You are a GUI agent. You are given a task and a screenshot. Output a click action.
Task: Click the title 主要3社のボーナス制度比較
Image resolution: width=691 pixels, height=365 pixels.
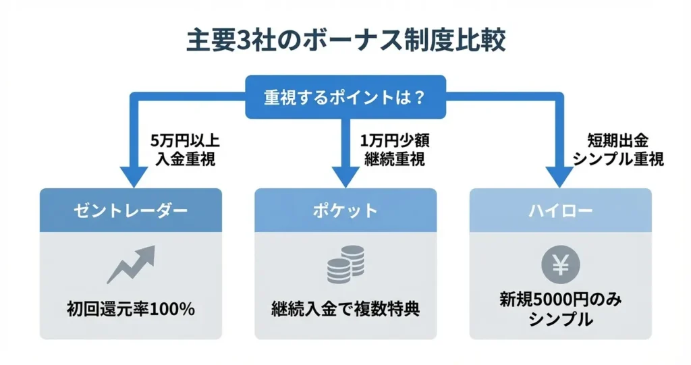coord(345,40)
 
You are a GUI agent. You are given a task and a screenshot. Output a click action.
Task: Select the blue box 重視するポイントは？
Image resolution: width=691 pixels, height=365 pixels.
coord(345,96)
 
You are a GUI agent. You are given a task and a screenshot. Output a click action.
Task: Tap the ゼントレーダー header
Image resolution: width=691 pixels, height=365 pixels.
coord(130,210)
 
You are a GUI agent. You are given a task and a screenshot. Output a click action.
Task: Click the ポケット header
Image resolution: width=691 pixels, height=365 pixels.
coord(345,210)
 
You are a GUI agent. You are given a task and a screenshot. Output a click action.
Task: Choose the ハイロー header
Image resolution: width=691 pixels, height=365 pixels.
coord(561,210)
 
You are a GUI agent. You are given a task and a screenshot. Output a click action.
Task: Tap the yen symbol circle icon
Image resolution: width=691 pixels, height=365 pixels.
coord(561,265)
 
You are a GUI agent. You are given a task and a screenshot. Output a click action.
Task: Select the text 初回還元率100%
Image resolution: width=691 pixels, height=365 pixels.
coord(130,310)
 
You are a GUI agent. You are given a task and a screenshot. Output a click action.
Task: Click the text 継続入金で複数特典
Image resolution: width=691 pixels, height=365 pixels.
coord(345,310)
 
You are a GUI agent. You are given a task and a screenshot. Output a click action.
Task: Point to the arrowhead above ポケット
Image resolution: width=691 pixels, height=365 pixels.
coord(345,177)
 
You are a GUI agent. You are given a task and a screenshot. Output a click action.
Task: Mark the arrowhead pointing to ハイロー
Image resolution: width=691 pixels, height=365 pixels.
coord(561,177)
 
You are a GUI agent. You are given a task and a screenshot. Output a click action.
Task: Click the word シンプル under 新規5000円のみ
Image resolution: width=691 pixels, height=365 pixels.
coord(561,320)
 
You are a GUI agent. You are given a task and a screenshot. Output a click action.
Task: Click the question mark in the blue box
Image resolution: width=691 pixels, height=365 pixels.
coord(420,96)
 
